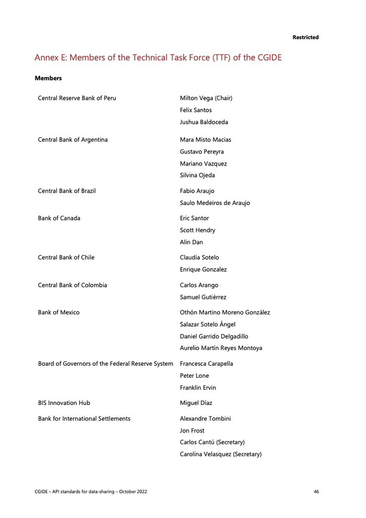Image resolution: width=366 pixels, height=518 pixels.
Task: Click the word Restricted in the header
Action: pos(305,37)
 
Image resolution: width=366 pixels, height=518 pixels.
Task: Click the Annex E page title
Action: pos(158,58)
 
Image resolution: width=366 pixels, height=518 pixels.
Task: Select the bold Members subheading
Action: pos(48,78)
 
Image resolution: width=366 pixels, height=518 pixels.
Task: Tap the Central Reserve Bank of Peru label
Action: pos(77,98)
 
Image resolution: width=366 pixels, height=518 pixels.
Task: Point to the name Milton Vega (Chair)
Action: pos(206,98)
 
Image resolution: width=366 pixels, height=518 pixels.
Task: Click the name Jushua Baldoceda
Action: pos(204,122)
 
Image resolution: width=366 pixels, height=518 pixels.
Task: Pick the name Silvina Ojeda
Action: pos(197,175)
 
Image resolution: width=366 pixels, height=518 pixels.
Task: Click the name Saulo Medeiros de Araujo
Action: pos(215,203)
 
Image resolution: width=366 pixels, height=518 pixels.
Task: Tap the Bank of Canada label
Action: pos(59,218)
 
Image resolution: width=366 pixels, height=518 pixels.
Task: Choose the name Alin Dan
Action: pos(191,242)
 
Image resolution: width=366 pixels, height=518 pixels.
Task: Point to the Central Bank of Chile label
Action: pos(66,257)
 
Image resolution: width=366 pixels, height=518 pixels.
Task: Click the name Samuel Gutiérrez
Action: pos(203,297)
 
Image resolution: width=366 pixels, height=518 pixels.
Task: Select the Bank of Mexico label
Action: pos(59,312)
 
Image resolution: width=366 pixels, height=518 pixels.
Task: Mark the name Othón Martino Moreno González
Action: pos(225,312)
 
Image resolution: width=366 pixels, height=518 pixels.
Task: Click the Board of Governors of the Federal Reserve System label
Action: pos(106,364)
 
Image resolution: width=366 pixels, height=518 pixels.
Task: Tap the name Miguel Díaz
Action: pos(196,403)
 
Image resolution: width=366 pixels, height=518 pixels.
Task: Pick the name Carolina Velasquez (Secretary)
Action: pos(221,454)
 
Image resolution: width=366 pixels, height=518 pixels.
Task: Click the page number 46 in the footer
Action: pos(316,491)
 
